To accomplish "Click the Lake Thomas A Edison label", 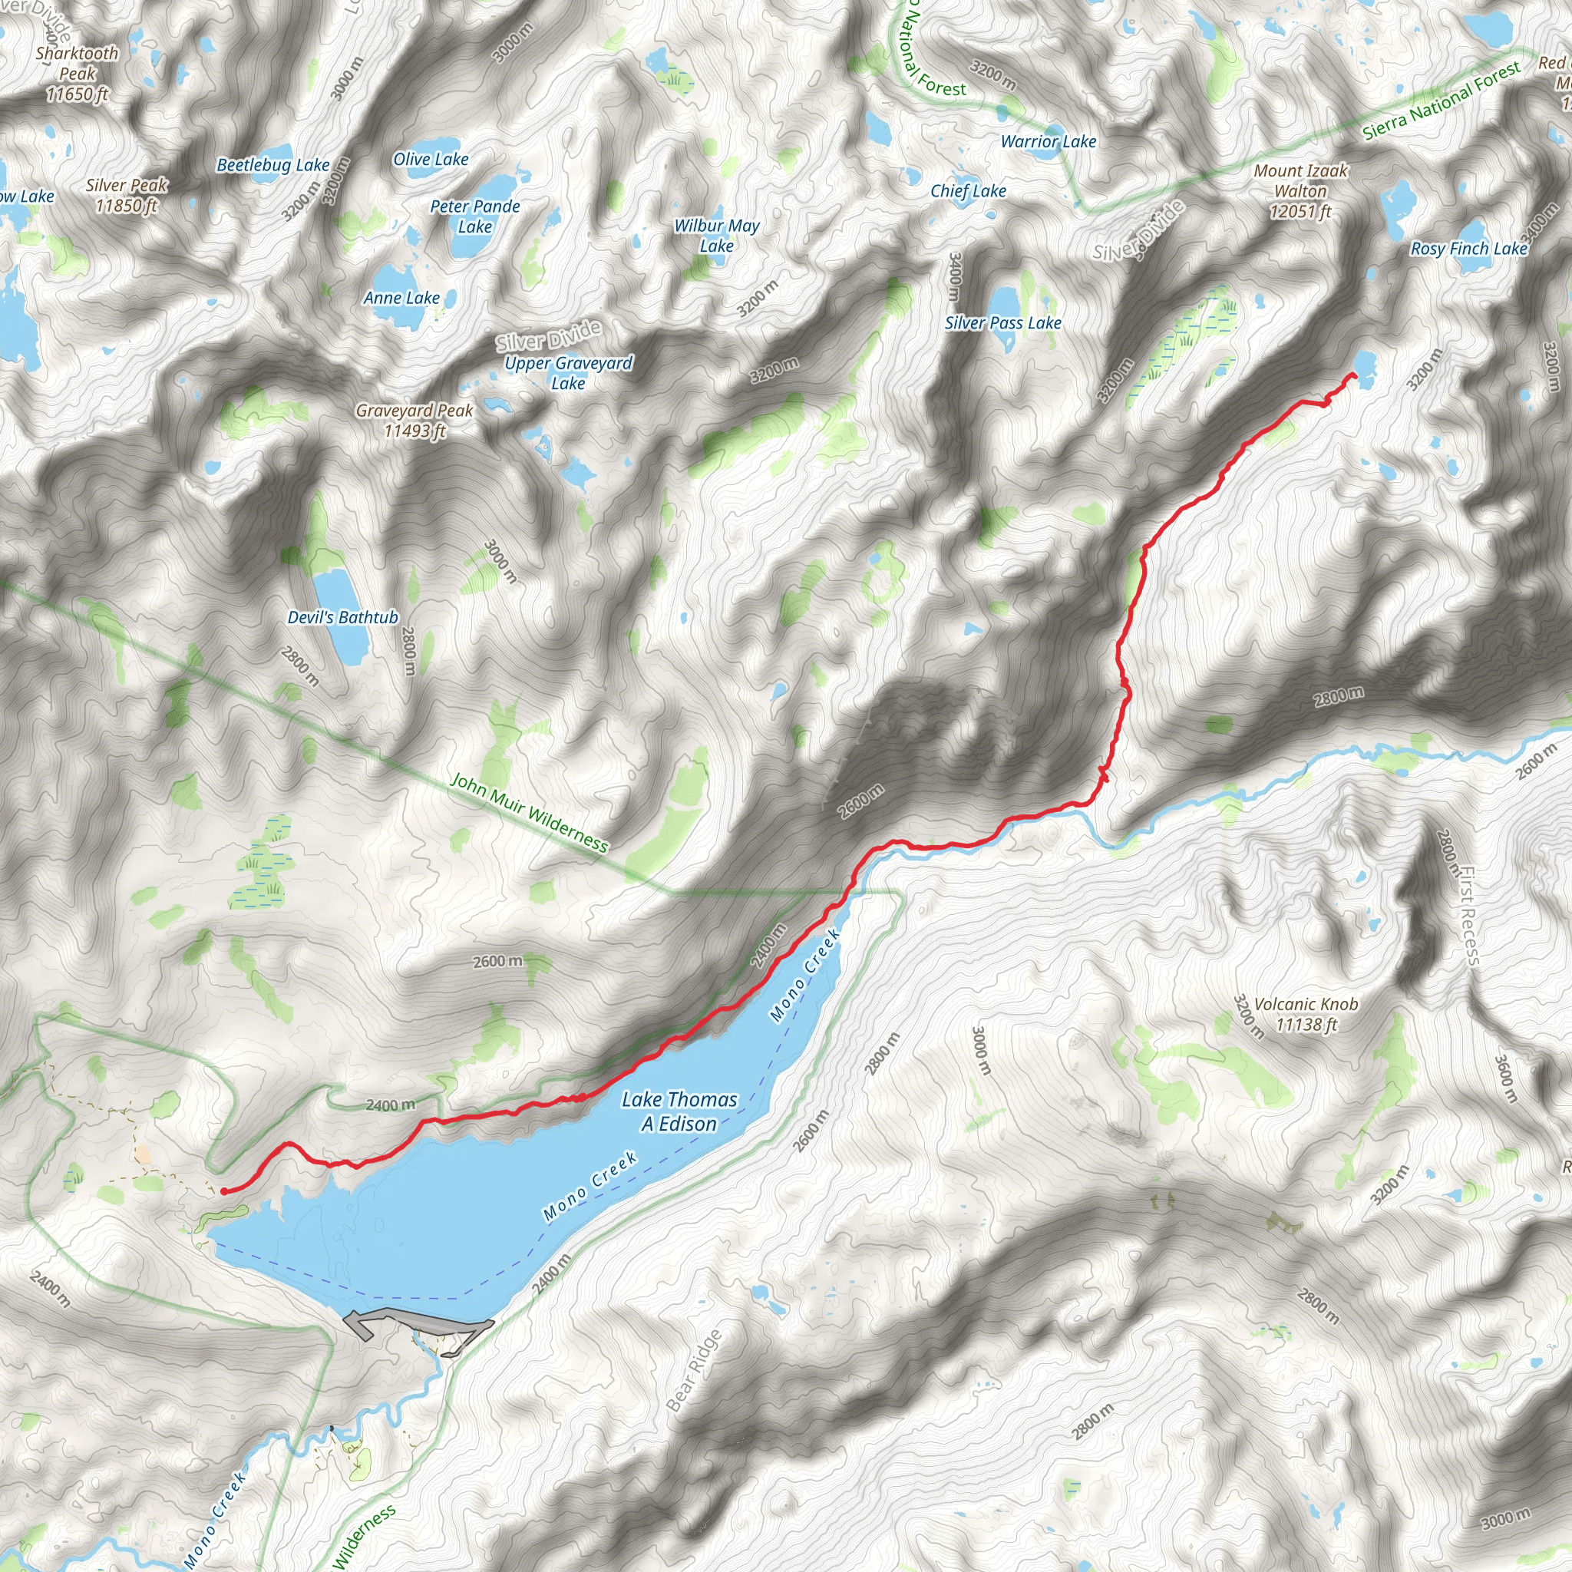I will click(679, 1111).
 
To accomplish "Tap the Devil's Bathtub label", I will click(342, 618).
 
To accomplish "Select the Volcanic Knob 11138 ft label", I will click(1305, 1014).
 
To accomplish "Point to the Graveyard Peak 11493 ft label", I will click(414, 421).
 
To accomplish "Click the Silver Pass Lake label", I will click(1002, 323).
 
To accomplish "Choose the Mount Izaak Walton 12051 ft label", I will click(1300, 191).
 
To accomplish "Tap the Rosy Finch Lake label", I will click(1468, 249).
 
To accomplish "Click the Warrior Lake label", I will click(1048, 141).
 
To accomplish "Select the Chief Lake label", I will click(968, 191).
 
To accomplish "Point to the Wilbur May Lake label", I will click(717, 236).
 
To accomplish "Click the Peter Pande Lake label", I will click(475, 216).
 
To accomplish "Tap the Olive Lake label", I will click(431, 160).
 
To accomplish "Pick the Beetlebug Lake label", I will click(272, 165).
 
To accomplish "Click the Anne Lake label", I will click(401, 298).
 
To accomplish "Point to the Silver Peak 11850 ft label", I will click(127, 195).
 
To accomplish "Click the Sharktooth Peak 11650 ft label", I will click(78, 74).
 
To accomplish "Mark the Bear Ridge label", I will click(693, 1370).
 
